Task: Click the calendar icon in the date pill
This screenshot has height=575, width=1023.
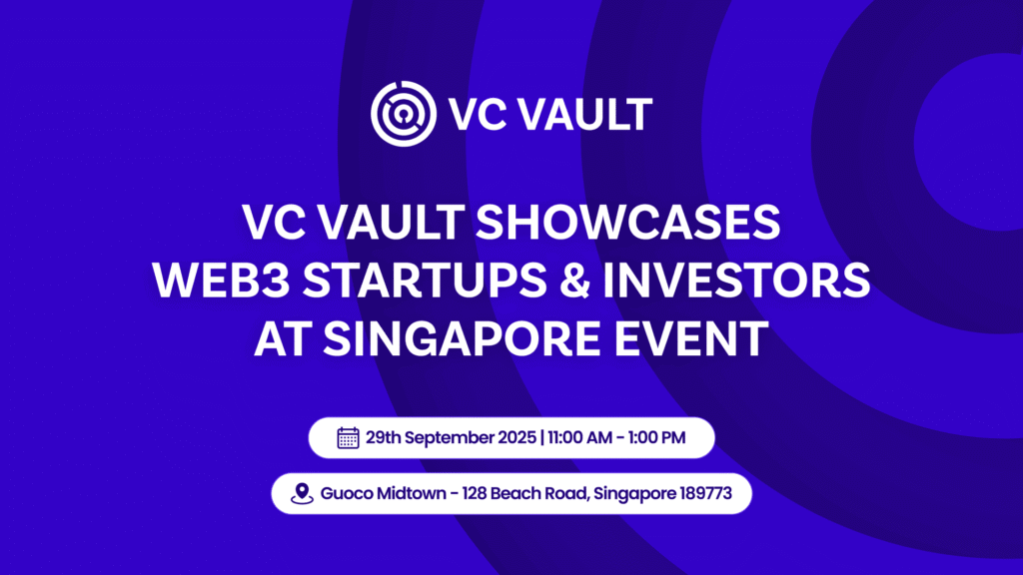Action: pyautogui.click(x=348, y=437)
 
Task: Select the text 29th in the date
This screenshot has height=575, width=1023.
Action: pyautogui.click(x=384, y=437)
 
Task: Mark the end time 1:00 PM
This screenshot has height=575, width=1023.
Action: pyautogui.click(x=659, y=437)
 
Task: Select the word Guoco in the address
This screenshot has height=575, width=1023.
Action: pyautogui.click(x=346, y=493)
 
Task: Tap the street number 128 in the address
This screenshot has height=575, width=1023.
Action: pyautogui.click(x=473, y=493)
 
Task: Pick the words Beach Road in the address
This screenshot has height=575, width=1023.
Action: pyautogui.click(x=535, y=493)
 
